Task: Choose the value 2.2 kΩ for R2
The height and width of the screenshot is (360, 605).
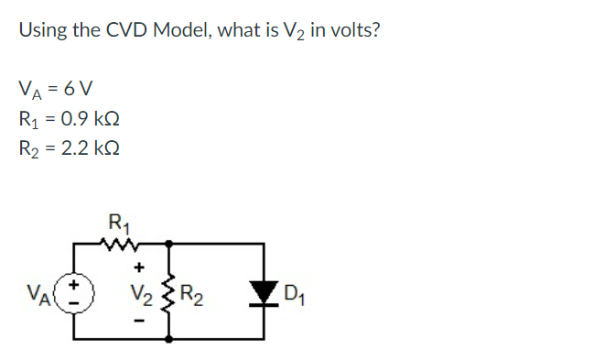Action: (x=91, y=147)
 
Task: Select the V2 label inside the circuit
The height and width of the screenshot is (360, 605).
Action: (x=140, y=295)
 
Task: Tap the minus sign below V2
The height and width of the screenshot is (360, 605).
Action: (x=139, y=321)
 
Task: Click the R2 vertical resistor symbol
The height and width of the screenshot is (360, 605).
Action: (x=168, y=294)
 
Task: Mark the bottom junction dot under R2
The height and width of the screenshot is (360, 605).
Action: (x=169, y=339)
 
